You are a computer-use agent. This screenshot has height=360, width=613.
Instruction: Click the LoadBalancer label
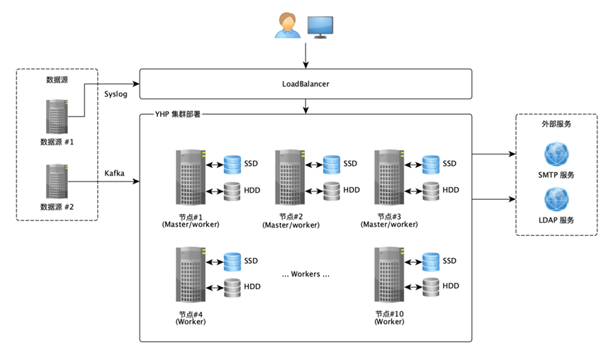click(305, 84)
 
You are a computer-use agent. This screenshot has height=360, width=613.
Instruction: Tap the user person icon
click(287, 26)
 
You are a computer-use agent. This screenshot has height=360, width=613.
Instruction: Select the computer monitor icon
click(320, 28)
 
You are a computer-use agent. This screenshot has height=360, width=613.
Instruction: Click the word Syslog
click(116, 94)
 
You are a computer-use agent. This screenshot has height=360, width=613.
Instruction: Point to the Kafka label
click(114, 173)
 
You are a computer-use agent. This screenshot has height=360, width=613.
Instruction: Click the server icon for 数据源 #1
click(57, 116)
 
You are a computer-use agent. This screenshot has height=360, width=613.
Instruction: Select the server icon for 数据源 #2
click(57, 181)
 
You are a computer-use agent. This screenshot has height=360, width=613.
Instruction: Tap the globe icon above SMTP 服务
click(556, 154)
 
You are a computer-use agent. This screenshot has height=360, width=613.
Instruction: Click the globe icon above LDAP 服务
click(556, 199)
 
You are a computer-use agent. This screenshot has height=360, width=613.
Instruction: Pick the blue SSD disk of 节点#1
click(232, 164)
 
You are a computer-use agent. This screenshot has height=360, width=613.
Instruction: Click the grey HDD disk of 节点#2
click(332, 191)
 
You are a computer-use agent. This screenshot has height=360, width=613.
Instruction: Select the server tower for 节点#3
click(389, 177)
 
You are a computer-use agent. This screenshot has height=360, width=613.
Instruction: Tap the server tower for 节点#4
click(191, 274)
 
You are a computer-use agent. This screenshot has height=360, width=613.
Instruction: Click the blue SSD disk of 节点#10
click(431, 262)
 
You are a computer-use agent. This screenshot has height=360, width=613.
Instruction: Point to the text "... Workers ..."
click(305, 274)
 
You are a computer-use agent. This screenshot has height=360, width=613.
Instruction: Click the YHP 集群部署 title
click(177, 114)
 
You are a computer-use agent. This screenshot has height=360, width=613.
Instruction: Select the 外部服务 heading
click(556, 124)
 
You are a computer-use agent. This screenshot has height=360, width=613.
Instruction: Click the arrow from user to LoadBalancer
click(305, 55)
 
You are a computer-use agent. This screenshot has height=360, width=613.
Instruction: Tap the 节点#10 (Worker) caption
click(389, 317)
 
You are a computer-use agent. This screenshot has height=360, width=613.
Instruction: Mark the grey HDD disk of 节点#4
click(232, 288)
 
